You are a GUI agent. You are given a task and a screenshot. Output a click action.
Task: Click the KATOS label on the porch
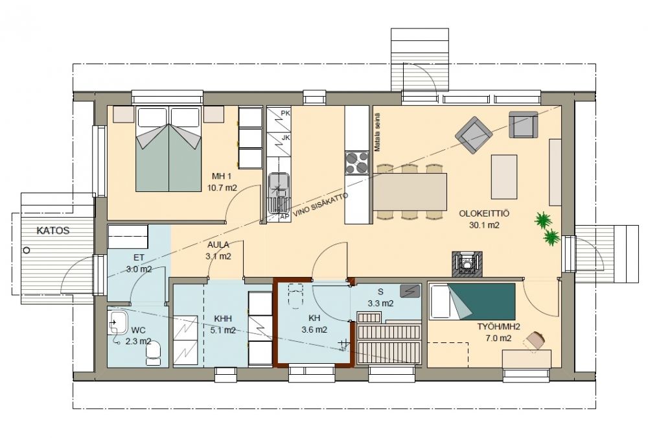tap(53, 231)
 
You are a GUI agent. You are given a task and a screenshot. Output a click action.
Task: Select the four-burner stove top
tap(356, 163)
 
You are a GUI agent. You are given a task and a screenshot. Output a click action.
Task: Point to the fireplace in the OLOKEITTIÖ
tap(467, 263)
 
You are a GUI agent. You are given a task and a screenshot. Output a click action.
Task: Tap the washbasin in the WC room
tap(118, 322)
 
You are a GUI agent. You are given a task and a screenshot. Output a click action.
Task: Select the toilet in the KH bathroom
tap(295, 296)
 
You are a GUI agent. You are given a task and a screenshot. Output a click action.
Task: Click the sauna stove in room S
tap(410, 291)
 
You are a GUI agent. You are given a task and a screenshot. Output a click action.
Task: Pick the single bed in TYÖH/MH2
tap(472, 302)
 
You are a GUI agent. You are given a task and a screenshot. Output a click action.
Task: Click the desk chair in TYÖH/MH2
tap(536, 340)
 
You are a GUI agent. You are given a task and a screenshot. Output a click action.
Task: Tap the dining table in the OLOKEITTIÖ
tap(410, 192)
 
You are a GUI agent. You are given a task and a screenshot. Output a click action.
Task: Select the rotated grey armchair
tap(474, 135)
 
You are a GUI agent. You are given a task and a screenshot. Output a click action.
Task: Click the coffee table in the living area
tap(503, 177)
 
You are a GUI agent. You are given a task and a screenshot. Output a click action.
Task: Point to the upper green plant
tap(544, 220)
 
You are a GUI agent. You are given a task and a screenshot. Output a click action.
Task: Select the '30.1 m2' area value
tap(484, 225)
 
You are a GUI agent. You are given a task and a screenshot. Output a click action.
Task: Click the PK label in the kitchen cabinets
tap(285, 113)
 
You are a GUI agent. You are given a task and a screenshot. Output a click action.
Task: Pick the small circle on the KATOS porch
tap(27, 250)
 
